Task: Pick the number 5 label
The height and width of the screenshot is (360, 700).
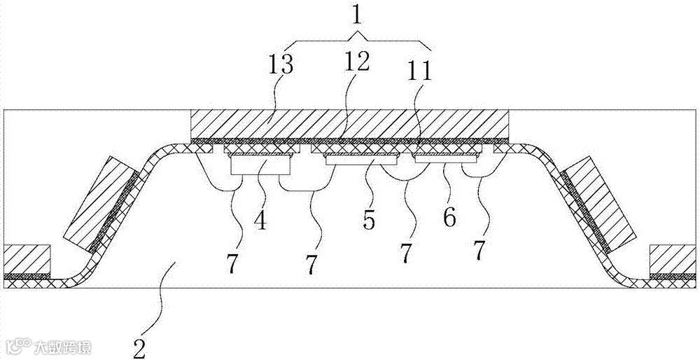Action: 369,219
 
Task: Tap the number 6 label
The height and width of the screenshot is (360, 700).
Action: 450,217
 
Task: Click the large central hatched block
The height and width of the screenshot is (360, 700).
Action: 350,124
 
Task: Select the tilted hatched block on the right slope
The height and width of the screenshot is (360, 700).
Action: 601,203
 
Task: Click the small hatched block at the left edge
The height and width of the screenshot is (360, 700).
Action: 27,258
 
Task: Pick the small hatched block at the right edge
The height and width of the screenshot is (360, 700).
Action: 673,258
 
